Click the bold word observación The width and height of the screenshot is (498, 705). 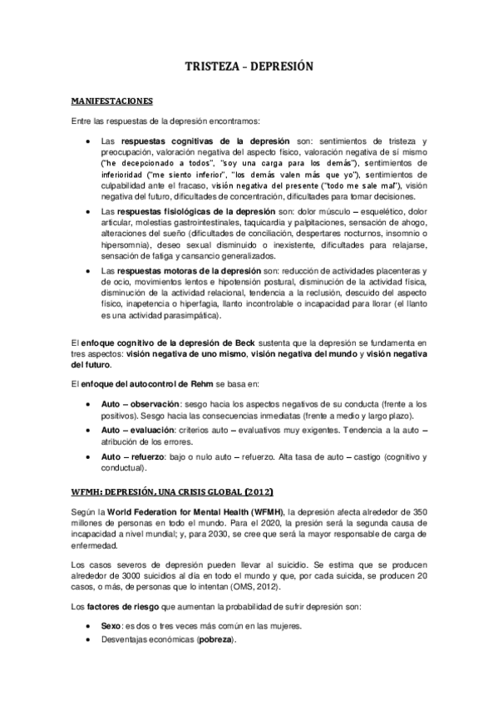click(x=154, y=402)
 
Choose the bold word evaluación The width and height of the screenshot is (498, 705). click(x=154, y=430)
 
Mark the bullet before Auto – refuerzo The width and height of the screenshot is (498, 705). click(x=90, y=457)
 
